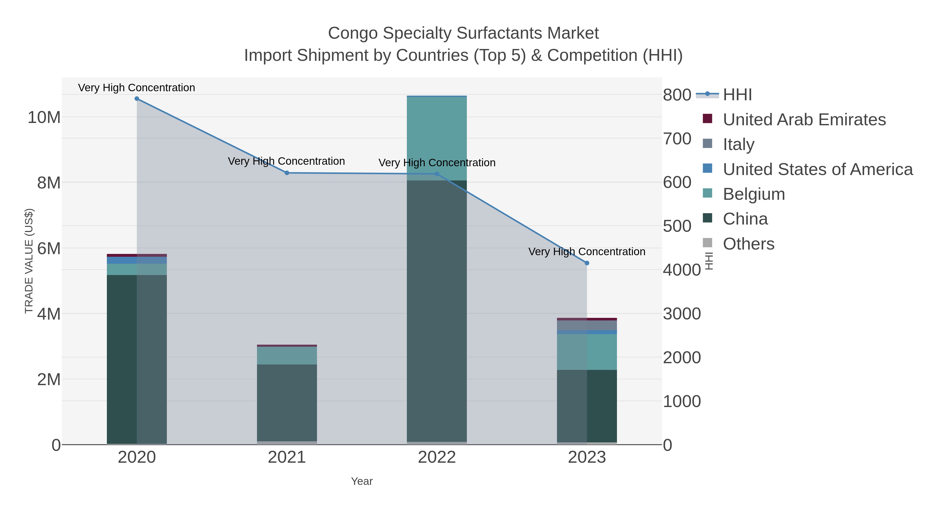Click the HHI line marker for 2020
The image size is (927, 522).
click(x=137, y=99)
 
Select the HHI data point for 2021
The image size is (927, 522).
click(x=287, y=173)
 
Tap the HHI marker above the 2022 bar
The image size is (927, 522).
click(x=437, y=174)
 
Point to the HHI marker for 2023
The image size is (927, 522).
click(x=587, y=263)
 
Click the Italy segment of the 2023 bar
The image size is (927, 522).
click(x=587, y=325)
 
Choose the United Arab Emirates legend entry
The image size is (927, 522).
click(x=804, y=120)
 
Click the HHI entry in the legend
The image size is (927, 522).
click(x=737, y=95)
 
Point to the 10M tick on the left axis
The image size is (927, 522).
click(x=44, y=118)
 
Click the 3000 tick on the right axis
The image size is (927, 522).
click(x=682, y=314)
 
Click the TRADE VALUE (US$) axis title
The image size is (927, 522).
click(x=29, y=261)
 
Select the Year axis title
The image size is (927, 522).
click(x=362, y=481)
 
